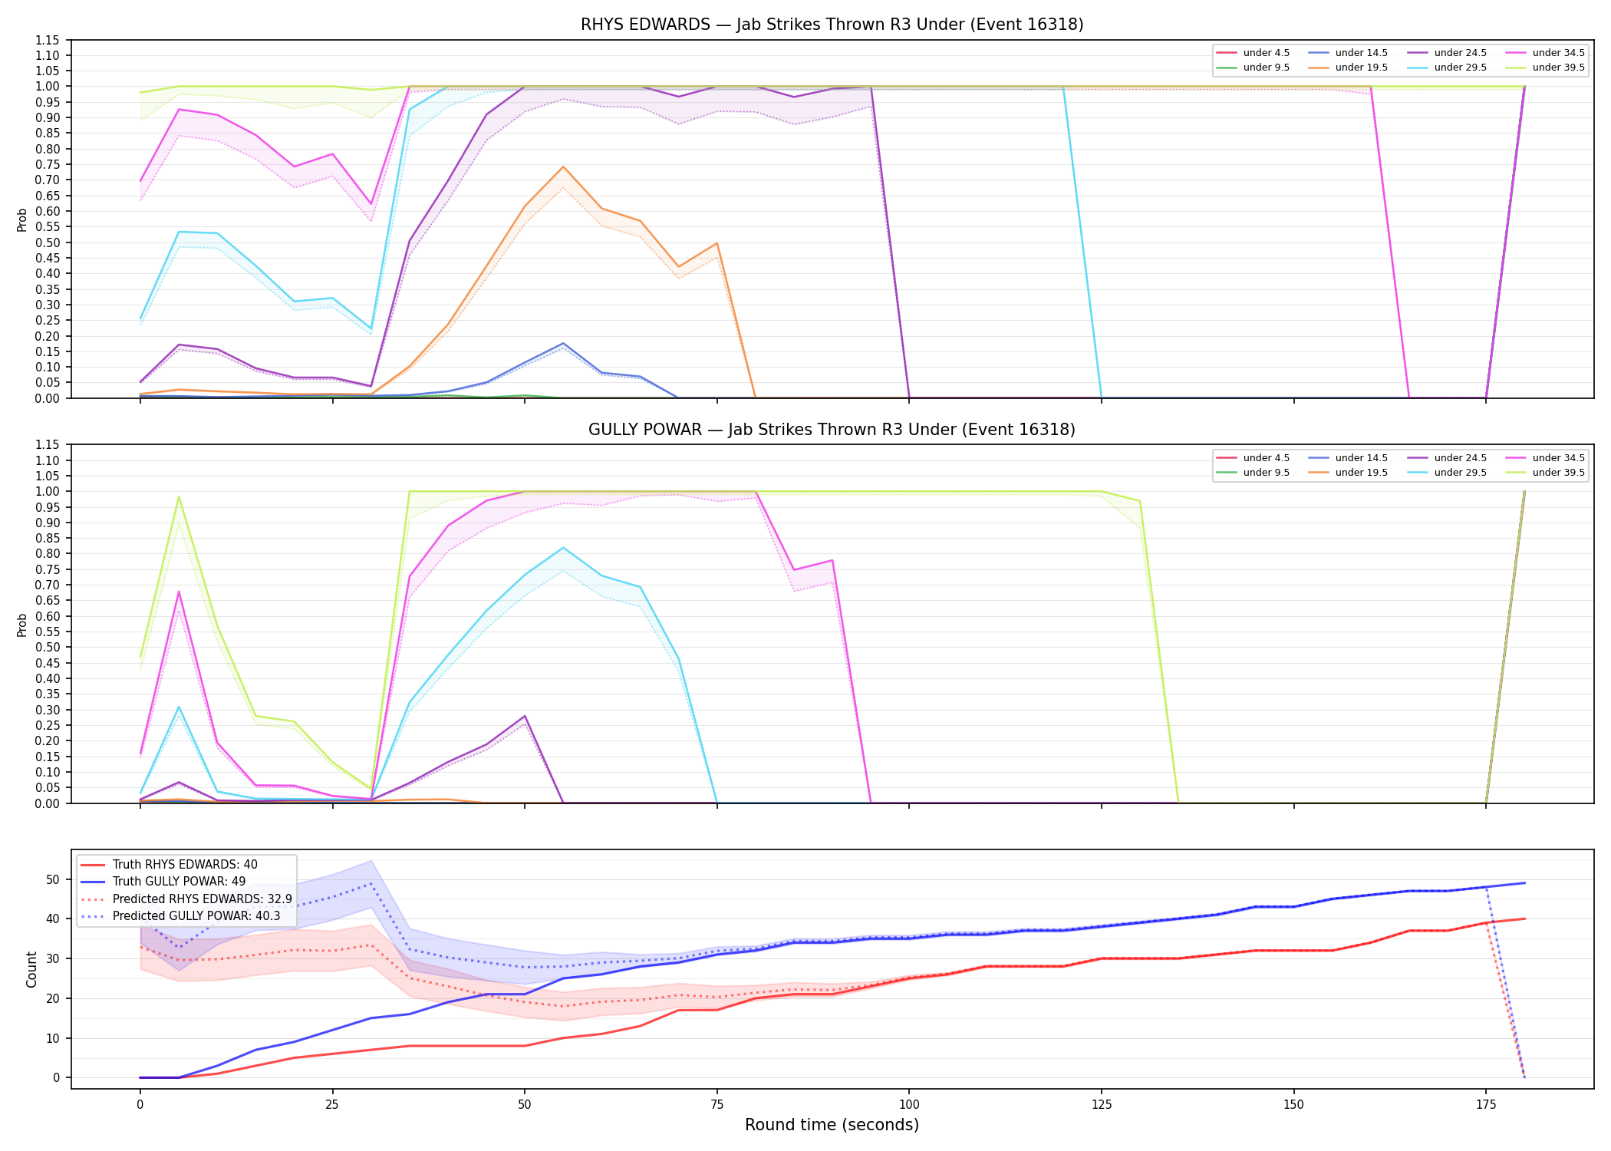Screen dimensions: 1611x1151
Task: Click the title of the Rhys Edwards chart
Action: (832, 25)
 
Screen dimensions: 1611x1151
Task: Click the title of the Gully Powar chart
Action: (832, 430)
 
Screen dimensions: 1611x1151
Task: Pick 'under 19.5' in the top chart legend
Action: (1361, 68)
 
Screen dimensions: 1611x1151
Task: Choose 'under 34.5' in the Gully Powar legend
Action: (1558, 458)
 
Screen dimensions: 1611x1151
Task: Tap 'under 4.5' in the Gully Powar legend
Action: (1266, 458)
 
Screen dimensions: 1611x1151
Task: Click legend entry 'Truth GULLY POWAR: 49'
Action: (179, 882)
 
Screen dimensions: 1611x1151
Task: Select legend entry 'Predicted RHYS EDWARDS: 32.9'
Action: (202, 899)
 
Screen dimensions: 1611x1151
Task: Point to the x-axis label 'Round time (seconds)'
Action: (832, 1125)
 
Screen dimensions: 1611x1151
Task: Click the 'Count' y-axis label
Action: (31, 969)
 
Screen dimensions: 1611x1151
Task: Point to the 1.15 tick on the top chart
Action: (48, 40)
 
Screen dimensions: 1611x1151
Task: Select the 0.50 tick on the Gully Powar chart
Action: (48, 648)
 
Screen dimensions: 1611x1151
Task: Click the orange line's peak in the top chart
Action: (563, 167)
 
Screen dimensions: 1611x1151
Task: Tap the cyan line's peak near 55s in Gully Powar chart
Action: (563, 547)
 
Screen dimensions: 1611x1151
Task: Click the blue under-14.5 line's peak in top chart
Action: (563, 343)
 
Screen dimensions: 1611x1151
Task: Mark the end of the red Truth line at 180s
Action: (1524, 918)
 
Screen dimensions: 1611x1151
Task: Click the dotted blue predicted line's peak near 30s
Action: (371, 883)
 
